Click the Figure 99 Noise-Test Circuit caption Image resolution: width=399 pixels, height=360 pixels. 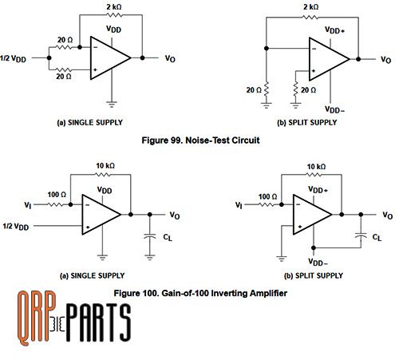click(199, 140)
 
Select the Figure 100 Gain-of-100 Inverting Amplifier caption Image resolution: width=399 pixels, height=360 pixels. click(199, 293)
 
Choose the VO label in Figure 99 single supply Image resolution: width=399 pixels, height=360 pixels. click(171, 58)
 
